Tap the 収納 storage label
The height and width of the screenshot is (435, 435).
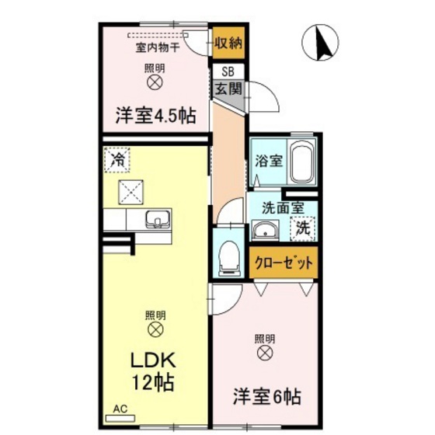tap(228, 42)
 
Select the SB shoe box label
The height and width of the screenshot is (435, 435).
tap(227, 73)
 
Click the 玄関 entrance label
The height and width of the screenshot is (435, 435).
tap(228, 89)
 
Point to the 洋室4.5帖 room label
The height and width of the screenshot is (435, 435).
tap(155, 117)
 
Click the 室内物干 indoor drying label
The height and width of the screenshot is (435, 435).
tap(158, 47)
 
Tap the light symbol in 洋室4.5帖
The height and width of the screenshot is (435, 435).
tap(155, 80)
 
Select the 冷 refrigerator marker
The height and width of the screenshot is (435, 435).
tap(117, 161)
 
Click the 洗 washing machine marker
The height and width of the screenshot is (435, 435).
tap(302, 228)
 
